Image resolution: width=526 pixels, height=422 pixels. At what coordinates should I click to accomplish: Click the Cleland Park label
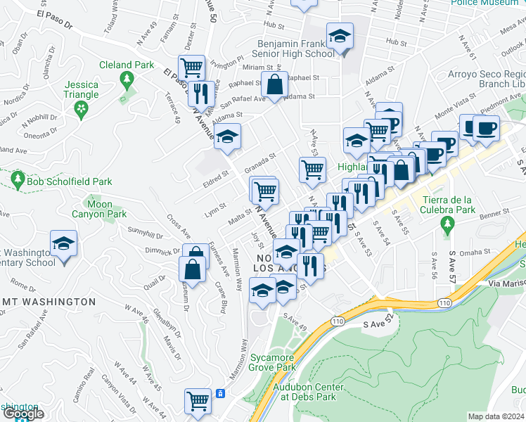click(x=126, y=65)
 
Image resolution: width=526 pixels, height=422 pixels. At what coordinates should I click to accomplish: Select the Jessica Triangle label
click(x=81, y=89)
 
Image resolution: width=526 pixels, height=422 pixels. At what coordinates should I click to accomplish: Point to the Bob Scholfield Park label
click(x=70, y=181)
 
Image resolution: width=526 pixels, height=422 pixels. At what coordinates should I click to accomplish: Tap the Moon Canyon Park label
click(x=101, y=209)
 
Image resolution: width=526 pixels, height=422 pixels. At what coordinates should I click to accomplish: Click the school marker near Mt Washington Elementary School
click(x=63, y=245)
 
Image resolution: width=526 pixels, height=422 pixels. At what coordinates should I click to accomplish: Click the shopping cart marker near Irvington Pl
click(x=191, y=68)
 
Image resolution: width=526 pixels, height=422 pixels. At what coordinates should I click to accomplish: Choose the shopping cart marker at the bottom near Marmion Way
click(x=198, y=401)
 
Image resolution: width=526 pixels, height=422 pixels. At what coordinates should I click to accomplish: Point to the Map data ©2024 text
click(x=496, y=416)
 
